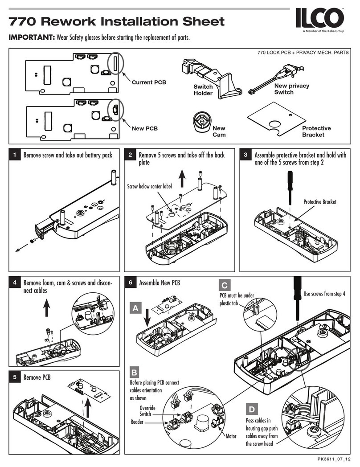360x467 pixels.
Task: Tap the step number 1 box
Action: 15,155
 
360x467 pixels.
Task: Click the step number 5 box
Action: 15,377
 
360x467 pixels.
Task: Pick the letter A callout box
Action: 136,307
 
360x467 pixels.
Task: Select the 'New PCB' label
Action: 145,129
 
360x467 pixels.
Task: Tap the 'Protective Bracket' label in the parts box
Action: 316,131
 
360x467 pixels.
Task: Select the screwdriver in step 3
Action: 289,184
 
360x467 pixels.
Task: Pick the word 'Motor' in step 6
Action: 231,436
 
